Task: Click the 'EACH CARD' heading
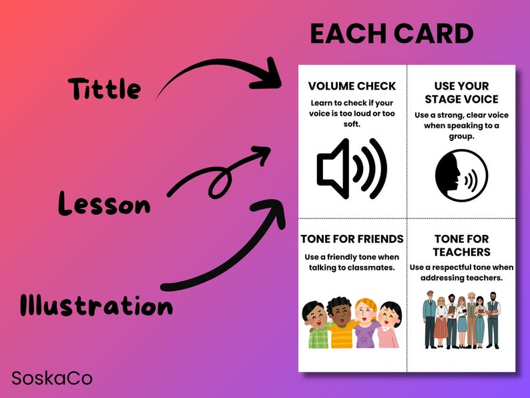[392, 34]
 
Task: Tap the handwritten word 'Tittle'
[104, 89]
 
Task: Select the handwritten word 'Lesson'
[104, 203]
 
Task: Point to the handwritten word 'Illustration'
[96, 305]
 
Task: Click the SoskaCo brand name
[52, 378]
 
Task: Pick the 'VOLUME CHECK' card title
[352, 86]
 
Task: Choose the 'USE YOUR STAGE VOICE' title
[461, 93]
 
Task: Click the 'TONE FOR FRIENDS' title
[352, 238]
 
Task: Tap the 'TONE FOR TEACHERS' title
[461, 245]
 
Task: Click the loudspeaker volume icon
[352, 170]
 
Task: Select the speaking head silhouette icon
[461, 175]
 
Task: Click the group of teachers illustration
[461, 319]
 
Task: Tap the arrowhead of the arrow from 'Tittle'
[270, 75]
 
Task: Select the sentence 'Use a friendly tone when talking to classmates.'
[352, 262]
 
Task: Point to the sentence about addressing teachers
[461, 272]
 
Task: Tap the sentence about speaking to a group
[461, 126]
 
